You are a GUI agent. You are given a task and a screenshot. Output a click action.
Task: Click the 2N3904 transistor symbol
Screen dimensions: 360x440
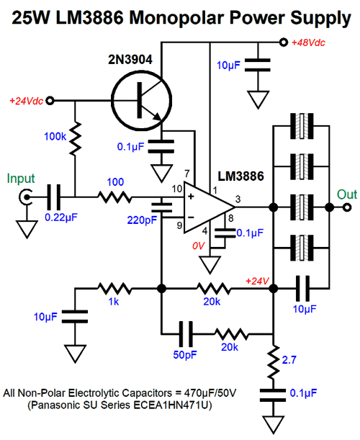coord(141,101)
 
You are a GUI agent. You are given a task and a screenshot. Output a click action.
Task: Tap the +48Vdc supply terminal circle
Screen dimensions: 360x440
coord(284,42)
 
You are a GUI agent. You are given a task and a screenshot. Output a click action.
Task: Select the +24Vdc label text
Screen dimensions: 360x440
coord(27,101)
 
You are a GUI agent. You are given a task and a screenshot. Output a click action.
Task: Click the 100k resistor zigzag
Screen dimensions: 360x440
coord(75,138)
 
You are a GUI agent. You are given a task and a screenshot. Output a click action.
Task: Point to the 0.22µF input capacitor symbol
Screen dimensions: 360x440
coord(53,197)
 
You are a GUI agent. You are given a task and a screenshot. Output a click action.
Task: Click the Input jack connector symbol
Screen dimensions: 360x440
coord(25,197)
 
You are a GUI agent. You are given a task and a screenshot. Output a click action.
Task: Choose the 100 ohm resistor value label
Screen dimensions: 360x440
coord(115,182)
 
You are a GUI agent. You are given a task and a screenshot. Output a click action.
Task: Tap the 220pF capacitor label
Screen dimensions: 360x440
coord(142,220)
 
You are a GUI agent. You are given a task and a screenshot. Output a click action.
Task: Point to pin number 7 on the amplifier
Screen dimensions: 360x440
coord(187,174)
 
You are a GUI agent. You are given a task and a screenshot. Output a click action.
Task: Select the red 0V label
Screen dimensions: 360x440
coord(199,246)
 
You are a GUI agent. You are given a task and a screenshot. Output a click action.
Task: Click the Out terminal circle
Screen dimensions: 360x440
coord(347,207)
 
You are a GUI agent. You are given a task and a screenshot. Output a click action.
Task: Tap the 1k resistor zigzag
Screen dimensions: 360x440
coord(114,289)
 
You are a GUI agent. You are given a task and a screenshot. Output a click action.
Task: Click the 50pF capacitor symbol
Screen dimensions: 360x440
coord(186,334)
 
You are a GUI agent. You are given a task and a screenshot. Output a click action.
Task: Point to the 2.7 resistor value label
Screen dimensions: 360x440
coord(289,360)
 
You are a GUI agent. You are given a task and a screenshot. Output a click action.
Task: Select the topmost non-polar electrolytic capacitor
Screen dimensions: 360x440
coord(302,126)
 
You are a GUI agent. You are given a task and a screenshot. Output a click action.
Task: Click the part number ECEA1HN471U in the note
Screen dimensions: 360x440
coord(173,405)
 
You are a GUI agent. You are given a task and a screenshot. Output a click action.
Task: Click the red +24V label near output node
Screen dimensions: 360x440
coord(257,281)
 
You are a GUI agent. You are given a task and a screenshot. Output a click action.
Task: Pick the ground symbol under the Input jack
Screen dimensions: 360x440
coord(27,230)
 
